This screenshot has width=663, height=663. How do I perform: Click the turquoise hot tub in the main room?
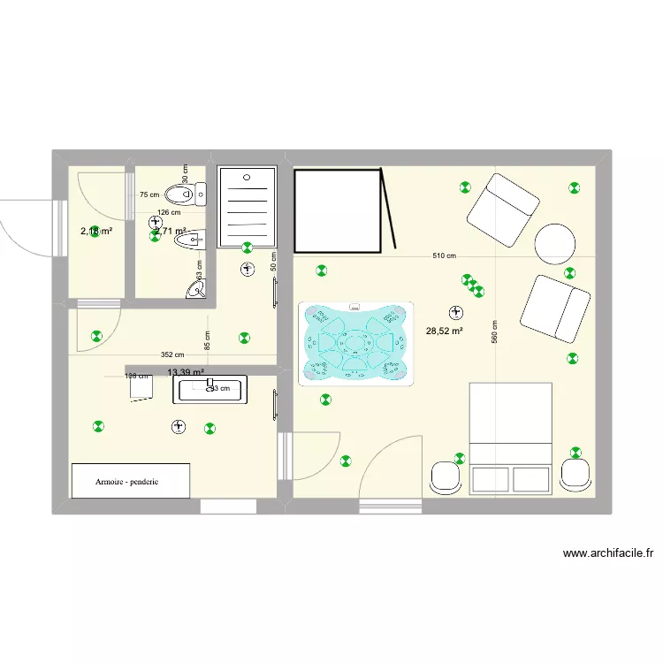tap(356, 343)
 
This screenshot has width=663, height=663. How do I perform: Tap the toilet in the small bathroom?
tap(183, 193)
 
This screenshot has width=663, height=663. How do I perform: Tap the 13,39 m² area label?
tap(186, 373)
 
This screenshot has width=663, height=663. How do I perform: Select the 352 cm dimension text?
tap(172, 355)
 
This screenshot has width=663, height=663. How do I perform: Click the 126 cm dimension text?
tap(169, 212)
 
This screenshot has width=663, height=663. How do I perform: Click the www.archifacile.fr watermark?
tap(608, 554)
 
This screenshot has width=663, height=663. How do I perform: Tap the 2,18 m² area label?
tap(96, 232)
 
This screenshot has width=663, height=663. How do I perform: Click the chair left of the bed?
tap(446, 478)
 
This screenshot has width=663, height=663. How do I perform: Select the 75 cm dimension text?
tap(149, 195)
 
